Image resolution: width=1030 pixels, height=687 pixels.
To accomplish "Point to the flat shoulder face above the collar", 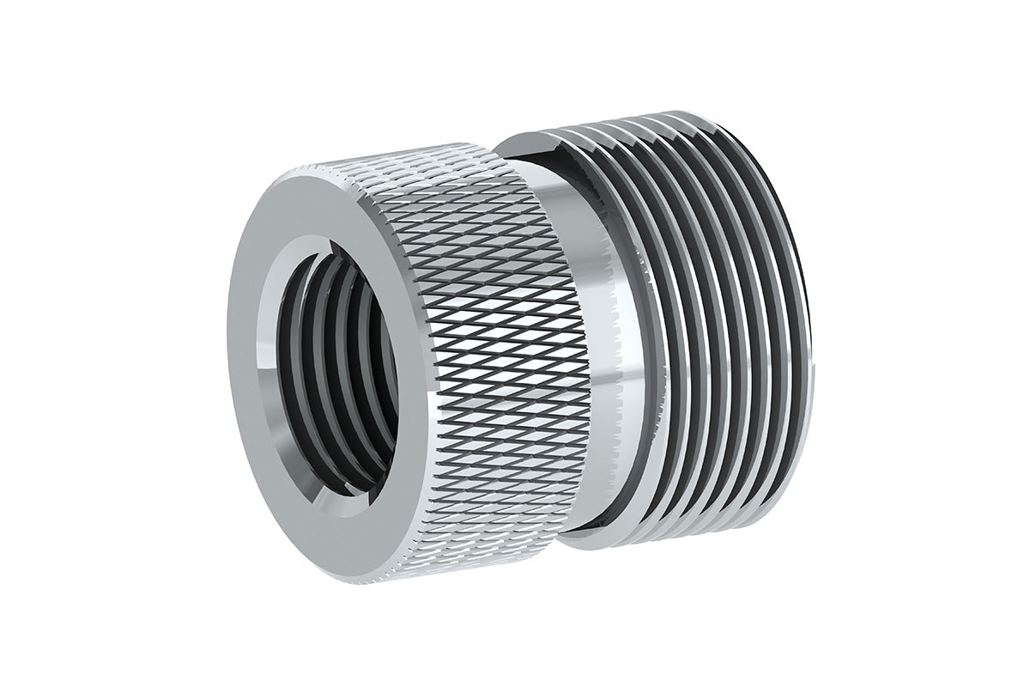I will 532,150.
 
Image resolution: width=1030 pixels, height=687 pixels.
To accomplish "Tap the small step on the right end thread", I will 814,369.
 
